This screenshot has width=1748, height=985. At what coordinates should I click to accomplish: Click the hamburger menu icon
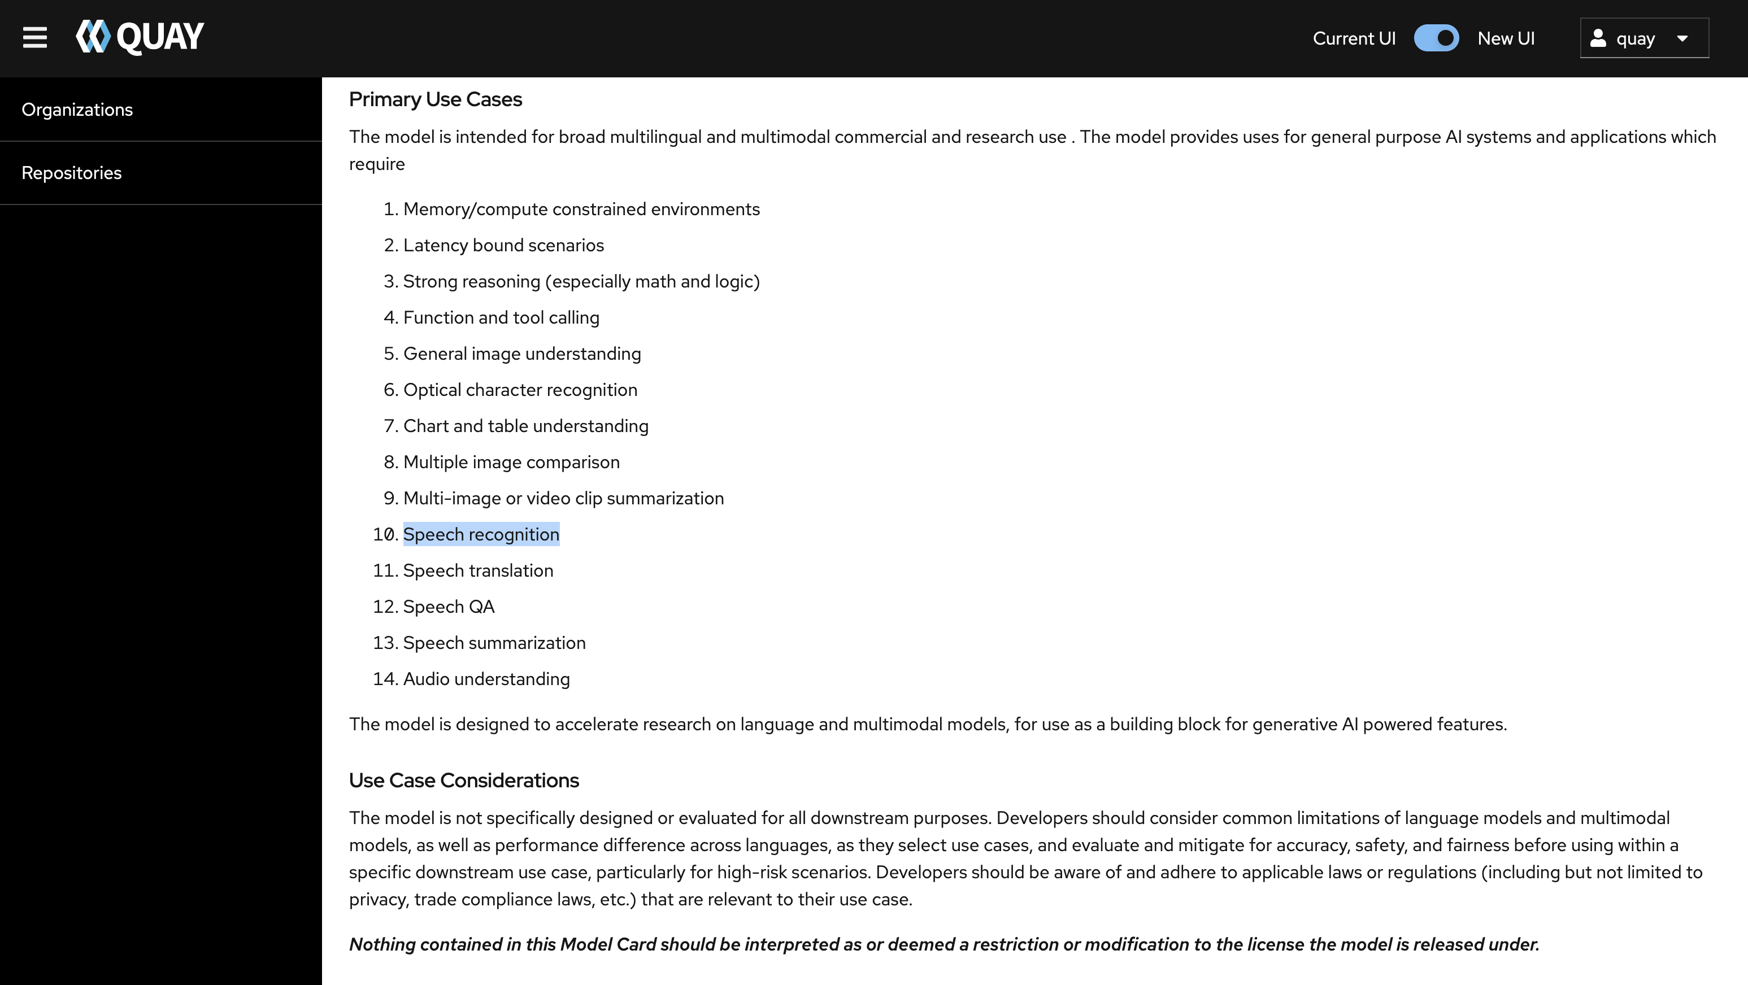tap(34, 38)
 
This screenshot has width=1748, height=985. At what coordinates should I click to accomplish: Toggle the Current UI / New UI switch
tap(1436, 38)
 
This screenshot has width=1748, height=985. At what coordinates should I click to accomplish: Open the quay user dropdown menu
tap(1643, 38)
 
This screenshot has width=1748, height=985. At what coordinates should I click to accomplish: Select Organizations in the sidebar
tap(77, 110)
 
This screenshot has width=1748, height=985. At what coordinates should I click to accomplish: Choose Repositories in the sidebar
tap(72, 173)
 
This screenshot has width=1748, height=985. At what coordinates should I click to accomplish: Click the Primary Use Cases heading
tap(435, 100)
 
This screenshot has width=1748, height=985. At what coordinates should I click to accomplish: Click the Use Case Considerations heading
tap(463, 781)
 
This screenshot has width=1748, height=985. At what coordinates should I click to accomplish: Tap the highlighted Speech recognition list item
tap(481, 534)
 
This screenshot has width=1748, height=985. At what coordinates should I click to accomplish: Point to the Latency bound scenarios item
tap(503, 246)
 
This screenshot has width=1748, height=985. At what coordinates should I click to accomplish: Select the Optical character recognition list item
tap(520, 390)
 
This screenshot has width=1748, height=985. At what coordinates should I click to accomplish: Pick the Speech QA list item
tap(449, 607)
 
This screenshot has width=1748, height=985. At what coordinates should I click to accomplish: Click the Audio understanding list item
tap(486, 679)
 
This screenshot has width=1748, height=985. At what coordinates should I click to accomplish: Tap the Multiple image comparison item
tap(511, 463)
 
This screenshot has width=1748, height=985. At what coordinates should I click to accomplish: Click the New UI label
tap(1506, 38)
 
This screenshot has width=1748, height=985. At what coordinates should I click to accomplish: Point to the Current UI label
tap(1354, 38)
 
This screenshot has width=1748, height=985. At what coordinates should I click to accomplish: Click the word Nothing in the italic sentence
tap(382, 944)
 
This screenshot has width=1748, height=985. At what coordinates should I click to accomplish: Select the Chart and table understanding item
tap(525, 426)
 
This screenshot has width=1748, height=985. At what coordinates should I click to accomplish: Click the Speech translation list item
tap(478, 570)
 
